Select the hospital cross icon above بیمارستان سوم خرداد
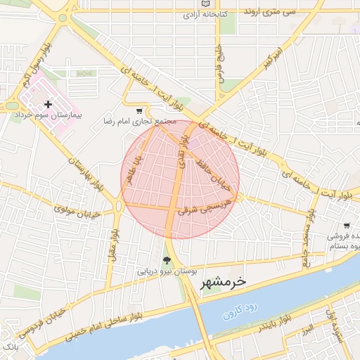click(x=48, y=104)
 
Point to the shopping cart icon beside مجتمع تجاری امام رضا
click(x=139, y=110)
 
